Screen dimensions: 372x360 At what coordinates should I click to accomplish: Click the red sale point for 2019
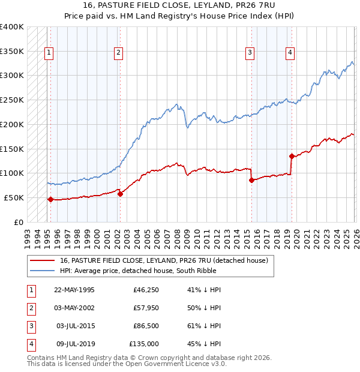click(x=292, y=156)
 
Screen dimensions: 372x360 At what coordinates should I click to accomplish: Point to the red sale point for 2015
click(x=251, y=180)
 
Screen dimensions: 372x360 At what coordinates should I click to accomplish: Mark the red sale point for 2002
click(x=120, y=194)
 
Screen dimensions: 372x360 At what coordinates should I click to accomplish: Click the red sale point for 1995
click(x=50, y=199)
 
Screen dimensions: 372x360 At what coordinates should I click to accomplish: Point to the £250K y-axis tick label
click(x=11, y=100)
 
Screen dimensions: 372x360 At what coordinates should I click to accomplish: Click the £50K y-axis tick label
click(x=14, y=197)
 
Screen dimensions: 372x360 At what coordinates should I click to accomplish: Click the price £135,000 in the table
click(x=145, y=344)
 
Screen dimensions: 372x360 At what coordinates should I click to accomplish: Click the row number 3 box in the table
click(x=30, y=326)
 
